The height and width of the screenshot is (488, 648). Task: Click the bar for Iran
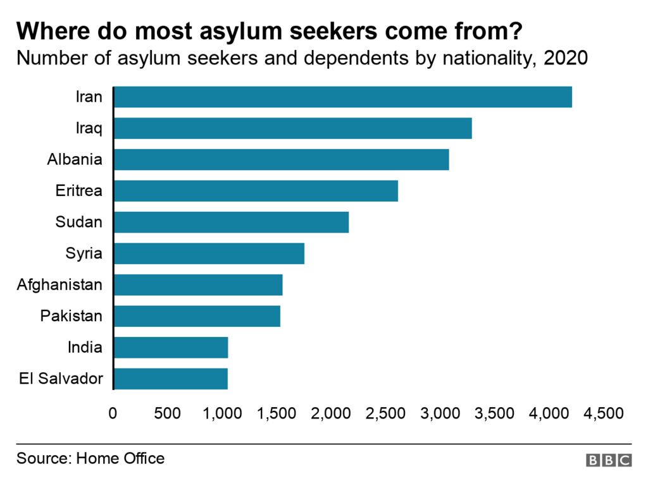[342, 97]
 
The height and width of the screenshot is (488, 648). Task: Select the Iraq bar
[292, 128]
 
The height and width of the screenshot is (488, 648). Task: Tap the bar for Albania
[281, 160]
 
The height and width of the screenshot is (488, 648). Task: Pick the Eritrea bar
[256, 191]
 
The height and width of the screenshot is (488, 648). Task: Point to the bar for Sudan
[231, 223]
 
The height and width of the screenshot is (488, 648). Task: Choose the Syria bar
[209, 253]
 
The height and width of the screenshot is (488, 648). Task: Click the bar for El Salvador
[170, 379]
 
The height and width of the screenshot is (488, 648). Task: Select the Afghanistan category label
[59, 285]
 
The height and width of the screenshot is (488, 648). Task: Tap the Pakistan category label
[71, 316]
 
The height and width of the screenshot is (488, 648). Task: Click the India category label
[84, 347]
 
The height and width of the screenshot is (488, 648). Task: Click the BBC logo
[608, 460]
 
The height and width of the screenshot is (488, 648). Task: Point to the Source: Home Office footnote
[90, 458]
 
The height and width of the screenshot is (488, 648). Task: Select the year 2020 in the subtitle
[566, 59]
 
